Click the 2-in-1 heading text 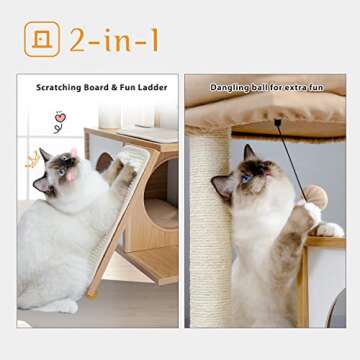point(113,39)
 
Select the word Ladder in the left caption point(155,88)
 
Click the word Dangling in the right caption point(229,88)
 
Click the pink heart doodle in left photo point(60,117)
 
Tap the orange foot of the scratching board point(93,293)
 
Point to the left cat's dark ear point(44,158)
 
